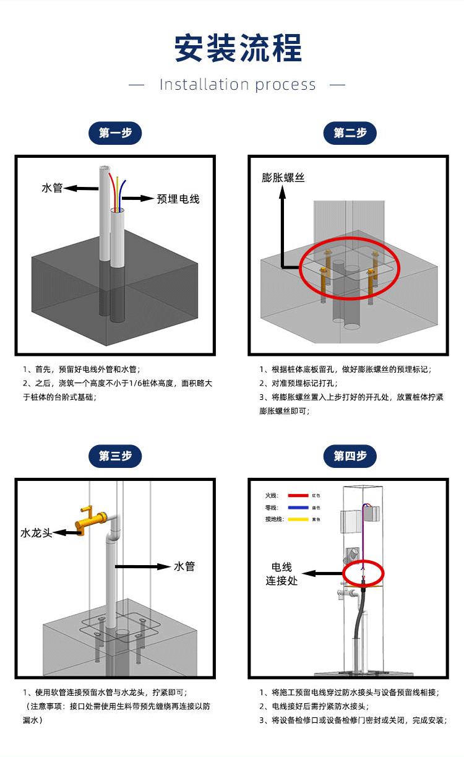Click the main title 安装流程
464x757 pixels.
coord(238,48)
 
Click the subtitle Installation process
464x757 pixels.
coord(238,85)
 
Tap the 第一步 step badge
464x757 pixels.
coord(115,133)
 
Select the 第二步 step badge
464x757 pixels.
coord(350,133)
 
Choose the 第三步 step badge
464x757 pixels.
coord(115,456)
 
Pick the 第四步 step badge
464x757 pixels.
coord(350,456)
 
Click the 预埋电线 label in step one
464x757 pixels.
coord(178,199)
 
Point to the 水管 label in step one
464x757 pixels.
coord(52,188)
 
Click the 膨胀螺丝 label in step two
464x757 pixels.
coord(283,178)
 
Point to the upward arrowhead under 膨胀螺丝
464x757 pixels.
coord(283,193)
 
